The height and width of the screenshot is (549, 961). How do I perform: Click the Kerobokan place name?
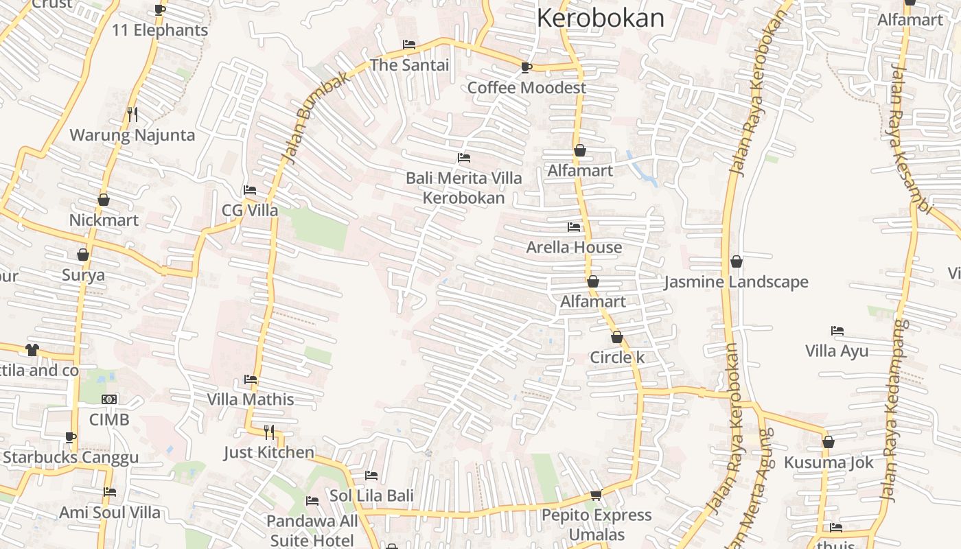pos(600,18)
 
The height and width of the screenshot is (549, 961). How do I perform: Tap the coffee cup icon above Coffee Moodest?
pos(526,67)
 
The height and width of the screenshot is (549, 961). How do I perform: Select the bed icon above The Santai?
pos(409,45)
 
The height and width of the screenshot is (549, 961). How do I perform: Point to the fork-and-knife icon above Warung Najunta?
pos(132,114)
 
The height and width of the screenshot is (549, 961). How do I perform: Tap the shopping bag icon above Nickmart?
pos(104,200)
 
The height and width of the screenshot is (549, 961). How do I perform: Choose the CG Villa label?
pos(250,210)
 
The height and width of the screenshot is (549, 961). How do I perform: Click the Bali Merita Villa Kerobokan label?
pos(463,188)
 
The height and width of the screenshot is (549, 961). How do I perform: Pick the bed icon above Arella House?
pos(574,227)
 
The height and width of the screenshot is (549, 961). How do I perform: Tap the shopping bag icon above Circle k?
pos(617,337)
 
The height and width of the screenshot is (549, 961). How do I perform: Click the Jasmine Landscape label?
pos(736,282)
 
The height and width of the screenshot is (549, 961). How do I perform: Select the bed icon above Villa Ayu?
pos(837,331)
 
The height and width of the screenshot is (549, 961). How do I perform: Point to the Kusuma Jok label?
pos(829,463)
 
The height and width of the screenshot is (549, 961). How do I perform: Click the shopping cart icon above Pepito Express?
pos(597,495)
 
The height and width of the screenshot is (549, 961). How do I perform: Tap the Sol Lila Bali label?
pos(371,495)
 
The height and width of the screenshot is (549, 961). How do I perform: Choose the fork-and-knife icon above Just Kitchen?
pos(269,432)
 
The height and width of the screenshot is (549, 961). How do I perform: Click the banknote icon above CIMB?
pos(109,399)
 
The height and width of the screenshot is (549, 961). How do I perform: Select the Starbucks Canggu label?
pos(71,457)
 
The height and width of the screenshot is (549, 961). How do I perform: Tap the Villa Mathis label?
pos(251,399)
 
